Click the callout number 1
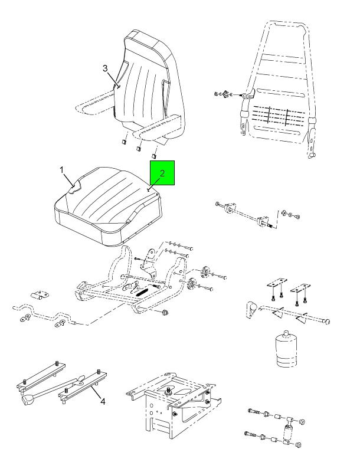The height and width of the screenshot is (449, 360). coord(62,170)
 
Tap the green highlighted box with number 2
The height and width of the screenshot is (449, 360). coord(162,173)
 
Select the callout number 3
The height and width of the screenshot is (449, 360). coord(106,68)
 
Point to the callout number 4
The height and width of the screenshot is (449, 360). coord(103,401)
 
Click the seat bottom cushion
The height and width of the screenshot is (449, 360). coord(108,206)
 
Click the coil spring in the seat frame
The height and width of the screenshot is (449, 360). coord(142,292)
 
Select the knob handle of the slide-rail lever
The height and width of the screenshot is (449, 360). coord(28,399)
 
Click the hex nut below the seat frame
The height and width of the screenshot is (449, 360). coord(165,312)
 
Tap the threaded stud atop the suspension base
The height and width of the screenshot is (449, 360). coord(168,390)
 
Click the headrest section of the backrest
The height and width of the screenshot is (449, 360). coord(149,46)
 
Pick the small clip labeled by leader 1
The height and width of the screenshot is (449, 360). coord(75,188)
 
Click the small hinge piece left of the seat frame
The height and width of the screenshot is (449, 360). coord(40,295)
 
